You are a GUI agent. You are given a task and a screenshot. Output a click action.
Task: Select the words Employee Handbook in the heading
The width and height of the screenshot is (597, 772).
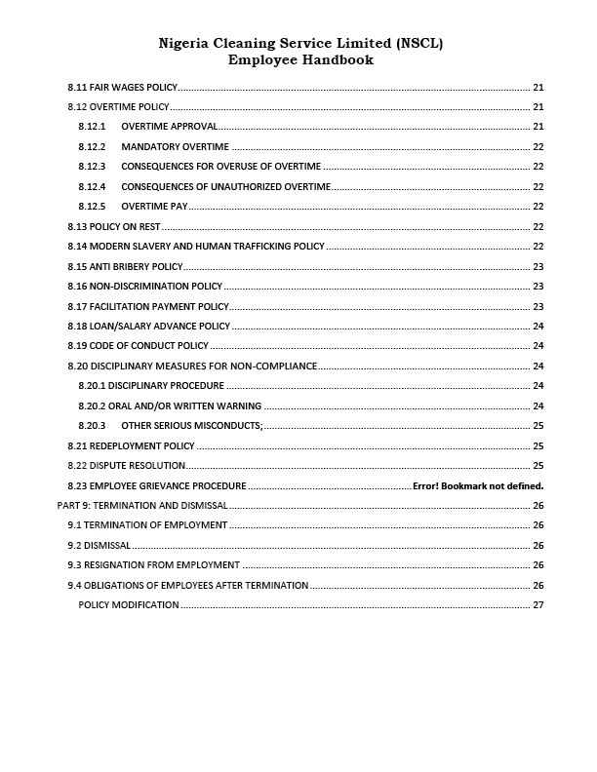299,59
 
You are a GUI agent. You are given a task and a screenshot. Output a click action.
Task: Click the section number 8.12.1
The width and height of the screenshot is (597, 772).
92,127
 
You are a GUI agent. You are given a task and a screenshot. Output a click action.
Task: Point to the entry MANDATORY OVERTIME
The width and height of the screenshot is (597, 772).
175,146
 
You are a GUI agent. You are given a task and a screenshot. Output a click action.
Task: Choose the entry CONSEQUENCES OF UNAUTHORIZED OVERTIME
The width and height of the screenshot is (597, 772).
225,186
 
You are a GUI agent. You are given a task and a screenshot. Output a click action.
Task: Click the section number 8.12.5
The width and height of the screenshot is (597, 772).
92,207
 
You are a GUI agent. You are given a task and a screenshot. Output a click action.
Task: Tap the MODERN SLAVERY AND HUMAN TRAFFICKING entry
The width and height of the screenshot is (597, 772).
195,247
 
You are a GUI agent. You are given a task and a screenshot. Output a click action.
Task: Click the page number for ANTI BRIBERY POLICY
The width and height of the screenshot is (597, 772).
537,266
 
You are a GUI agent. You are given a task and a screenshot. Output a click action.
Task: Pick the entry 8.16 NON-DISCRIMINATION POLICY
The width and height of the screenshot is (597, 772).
144,287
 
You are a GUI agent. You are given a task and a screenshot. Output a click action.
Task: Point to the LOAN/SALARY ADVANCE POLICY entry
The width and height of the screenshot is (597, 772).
148,326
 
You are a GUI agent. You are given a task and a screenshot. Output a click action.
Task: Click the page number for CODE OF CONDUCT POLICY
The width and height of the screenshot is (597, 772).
537,346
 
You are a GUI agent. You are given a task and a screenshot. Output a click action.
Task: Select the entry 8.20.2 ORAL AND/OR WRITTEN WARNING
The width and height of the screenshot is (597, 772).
169,405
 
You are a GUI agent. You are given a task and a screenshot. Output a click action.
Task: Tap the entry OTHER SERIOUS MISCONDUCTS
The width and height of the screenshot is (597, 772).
192,426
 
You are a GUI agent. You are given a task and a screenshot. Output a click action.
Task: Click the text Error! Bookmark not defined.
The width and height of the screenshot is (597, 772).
478,485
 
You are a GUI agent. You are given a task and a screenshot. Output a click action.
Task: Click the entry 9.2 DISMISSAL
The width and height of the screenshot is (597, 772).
99,545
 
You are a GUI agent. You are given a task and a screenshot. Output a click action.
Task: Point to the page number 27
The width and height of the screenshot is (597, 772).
537,605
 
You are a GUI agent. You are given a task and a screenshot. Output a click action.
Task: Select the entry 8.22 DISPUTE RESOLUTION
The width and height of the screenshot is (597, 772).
126,465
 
